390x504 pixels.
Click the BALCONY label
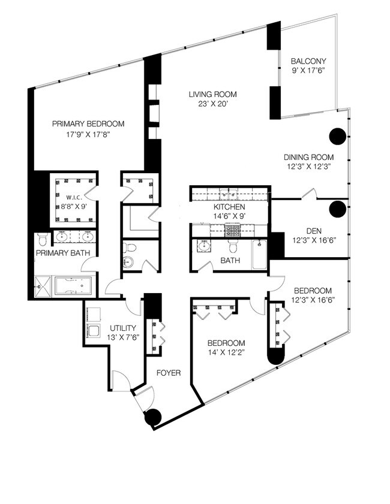click(308, 61)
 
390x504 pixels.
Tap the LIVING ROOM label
click(212, 95)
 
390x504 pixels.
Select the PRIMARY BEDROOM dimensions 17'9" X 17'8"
click(88, 135)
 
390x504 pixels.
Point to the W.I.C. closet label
click(74, 197)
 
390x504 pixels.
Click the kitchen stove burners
click(233, 230)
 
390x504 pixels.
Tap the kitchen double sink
click(229, 194)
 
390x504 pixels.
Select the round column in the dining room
click(338, 136)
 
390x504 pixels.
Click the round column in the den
click(338, 209)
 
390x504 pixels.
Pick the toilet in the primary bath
click(43, 239)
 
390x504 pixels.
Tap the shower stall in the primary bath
click(43, 286)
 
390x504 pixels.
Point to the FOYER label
click(169, 373)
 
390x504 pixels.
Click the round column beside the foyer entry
click(153, 418)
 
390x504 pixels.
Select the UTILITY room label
click(123, 328)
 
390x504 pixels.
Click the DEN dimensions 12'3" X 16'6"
click(314, 240)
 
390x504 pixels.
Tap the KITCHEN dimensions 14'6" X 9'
click(229, 216)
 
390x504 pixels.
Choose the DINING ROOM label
click(308, 157)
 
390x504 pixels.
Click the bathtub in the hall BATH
click(259, 255)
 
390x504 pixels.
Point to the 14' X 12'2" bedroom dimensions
click(226, 352)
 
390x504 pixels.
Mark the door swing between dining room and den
click(309, 193)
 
